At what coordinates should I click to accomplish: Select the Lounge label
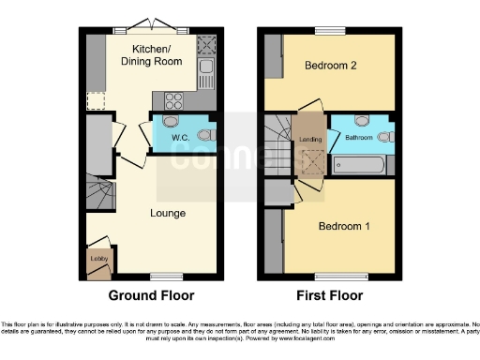(x=168, y=213)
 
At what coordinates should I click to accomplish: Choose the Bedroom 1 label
(x=343, y=227)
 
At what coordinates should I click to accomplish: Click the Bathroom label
(x=358, y=138)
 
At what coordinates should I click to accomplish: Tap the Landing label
(x=310, y=141)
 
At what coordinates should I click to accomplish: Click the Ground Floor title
(x=151, y=295)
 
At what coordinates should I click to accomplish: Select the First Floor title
(x=330, y=295)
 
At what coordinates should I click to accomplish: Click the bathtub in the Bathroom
(x=357, y=166)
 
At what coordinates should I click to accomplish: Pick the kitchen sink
(x=205, y=70)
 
